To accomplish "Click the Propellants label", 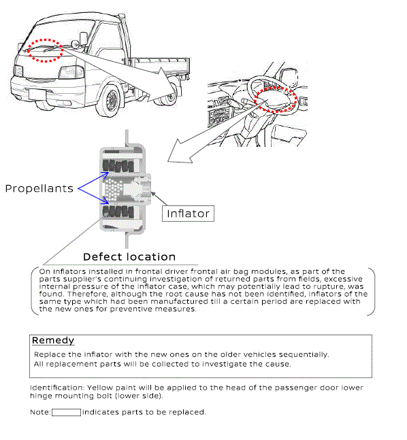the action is (39, 188).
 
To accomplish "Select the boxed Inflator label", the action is (188, 214).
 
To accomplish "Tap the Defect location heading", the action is (129, 257).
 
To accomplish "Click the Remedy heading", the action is (53, 341).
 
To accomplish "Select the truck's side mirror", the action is (84, 39).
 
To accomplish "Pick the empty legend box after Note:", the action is (66, 412).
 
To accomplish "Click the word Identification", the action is (57, 388).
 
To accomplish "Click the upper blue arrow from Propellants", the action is (93, 181).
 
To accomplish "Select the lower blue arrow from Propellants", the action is (93, 196).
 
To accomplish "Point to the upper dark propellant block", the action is (118, 166).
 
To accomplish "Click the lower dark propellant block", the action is (118, 212).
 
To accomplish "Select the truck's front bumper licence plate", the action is (37, 95).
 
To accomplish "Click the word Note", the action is (40, 412).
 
